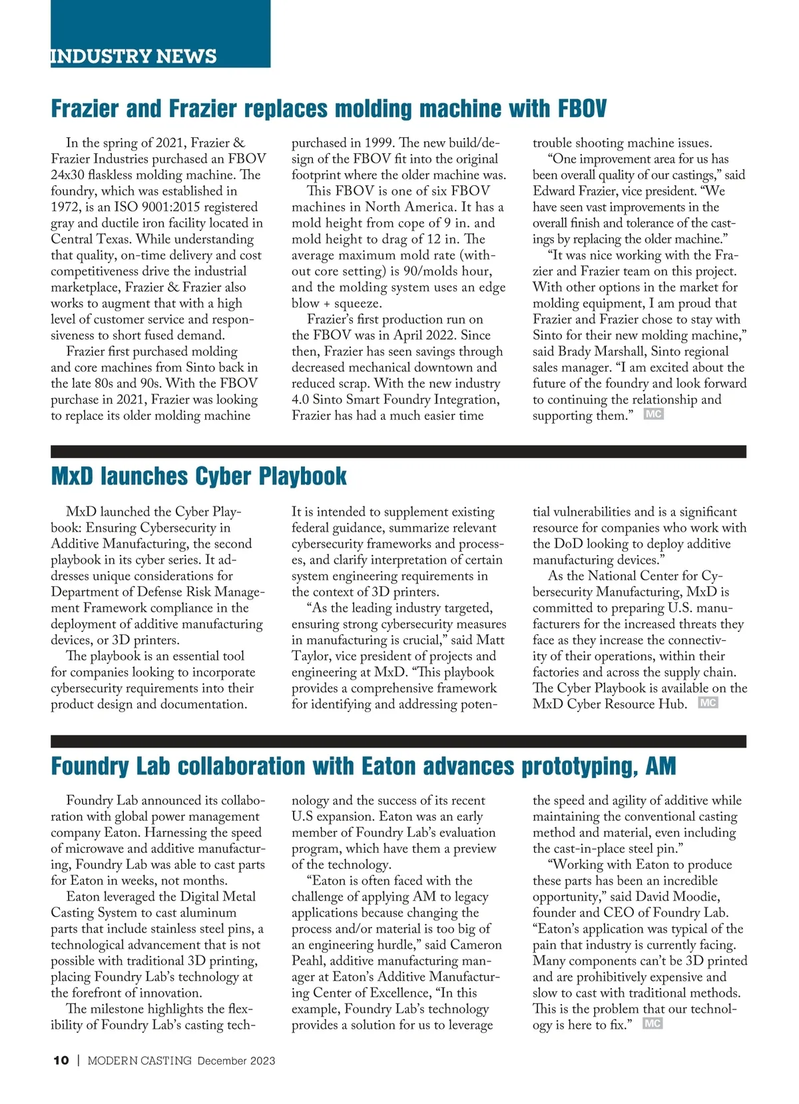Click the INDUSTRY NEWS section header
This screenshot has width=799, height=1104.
134,56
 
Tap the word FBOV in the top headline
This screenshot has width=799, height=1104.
581,109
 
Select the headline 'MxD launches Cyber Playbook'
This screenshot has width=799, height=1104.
198,476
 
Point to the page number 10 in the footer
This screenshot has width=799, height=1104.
61,1061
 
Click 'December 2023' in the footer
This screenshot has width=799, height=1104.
236,1061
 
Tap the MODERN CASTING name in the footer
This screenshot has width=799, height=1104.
140,1061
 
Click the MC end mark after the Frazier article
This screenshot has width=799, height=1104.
654,414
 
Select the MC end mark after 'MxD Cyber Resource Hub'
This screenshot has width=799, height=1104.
708,702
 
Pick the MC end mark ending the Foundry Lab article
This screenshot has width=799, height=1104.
653,1023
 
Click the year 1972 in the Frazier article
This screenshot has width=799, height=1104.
66,207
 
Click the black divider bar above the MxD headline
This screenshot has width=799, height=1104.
398,451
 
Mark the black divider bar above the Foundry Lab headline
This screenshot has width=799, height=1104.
398,741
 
